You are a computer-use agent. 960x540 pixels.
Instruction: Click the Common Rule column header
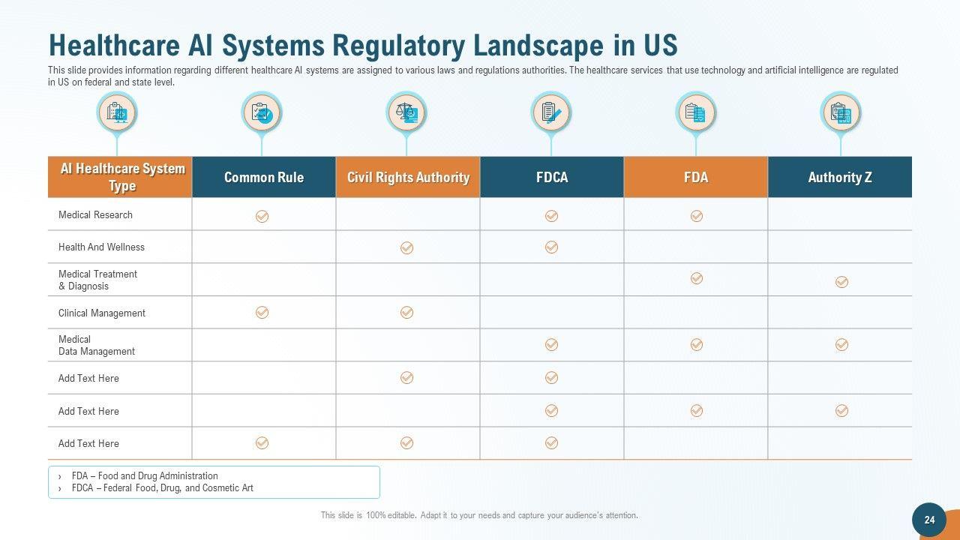click(263, 178)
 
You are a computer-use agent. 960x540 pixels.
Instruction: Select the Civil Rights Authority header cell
click(408, 178)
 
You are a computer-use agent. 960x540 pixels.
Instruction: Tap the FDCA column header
click(552, 178)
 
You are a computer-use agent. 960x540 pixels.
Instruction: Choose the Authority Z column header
click(840, 178)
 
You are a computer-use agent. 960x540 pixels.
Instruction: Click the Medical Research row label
click(95, 215)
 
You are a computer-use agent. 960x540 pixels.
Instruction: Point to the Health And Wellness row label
click(101, 247)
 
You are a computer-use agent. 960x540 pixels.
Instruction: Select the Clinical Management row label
click(102, 313)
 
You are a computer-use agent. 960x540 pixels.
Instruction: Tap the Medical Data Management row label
click(97, 345)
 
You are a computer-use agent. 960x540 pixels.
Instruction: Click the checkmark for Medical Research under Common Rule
click(262, 216)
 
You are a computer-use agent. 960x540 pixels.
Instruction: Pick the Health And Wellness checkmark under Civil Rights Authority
click(406, 247)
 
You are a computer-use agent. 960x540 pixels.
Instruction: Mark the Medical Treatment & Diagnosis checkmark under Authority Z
click(841, 282)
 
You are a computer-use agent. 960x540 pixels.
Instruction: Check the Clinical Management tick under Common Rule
click(262, 312)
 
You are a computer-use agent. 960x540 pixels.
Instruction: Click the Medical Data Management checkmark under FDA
click(696, 344)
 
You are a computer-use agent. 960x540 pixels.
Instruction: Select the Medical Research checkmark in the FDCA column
click(551, 216)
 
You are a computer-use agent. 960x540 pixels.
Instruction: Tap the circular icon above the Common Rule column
click(262, 113)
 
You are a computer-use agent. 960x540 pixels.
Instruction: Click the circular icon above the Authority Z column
click(841, 113)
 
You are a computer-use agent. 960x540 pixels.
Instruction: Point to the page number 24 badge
click(929, 520)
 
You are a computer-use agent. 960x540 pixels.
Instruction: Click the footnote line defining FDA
click(145, 475)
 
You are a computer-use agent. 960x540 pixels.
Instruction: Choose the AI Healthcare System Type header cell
click(120, 178)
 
